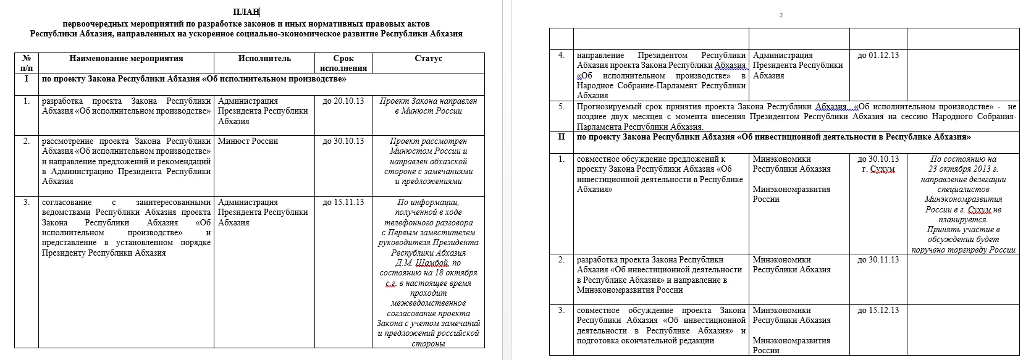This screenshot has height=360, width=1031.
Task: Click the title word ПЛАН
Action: [x=246, y=12]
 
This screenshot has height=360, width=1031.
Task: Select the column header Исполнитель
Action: [x=264, y=59]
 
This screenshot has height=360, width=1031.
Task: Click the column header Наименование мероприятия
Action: [x=126, y=59]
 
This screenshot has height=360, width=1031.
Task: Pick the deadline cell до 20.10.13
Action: [x=343, y=101]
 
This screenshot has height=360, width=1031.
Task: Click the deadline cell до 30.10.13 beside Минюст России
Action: [x=343, y=141]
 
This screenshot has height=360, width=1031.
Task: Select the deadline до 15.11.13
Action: [x=343, y=202]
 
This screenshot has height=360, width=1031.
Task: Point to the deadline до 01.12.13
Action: [x=878, y=56]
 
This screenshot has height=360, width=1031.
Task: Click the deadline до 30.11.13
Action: [x=878, y=260]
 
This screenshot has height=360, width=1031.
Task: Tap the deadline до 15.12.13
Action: [x=878, y=310]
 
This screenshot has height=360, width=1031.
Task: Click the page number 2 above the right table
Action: [x=781, y=15]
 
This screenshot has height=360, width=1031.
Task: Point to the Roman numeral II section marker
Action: [x=561, y=136]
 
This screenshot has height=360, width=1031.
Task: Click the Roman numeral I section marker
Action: [x=26, y=79]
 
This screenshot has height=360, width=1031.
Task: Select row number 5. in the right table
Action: [x=561, y=106]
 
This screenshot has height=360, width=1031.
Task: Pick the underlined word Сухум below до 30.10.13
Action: [x=882, y=169]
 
